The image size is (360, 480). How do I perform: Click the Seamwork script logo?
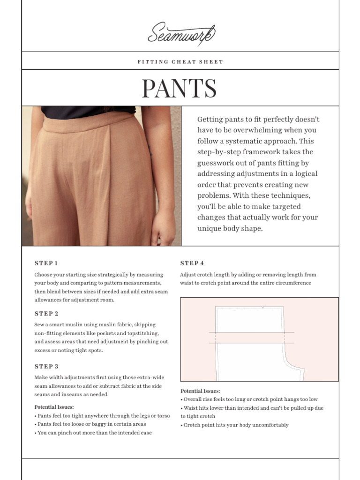tap(181, 34)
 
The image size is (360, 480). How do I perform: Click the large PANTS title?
tap(179, 89)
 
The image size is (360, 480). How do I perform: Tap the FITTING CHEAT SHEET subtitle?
tap(180, 62)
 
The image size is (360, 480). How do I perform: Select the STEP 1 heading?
tap(46, 263)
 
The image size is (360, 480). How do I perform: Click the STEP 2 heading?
tap(46, 314)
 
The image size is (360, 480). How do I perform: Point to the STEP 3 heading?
tap(46, 367)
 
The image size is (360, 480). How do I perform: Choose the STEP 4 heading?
tap(192, 263)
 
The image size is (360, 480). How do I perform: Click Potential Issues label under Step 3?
tap(54, 407)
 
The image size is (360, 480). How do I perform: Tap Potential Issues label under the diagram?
tap(200, 391)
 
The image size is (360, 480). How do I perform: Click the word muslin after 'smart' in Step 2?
tap(76, 325)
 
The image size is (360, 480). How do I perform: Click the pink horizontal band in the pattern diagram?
tap(248, 337)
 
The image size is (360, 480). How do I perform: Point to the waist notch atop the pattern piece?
tap(263, 308)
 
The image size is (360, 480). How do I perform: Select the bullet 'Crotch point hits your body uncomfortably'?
tap(236, 425)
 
